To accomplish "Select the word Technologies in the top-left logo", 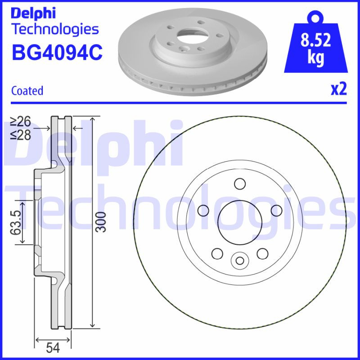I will (x=54, y=29).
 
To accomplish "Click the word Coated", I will (x=27, y=91).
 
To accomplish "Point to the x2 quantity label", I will (x=339, y=90).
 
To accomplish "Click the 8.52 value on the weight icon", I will (x=315, y=41).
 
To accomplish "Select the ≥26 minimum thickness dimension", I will (x=21, y=121).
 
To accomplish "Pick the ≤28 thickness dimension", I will (x=21, y=135).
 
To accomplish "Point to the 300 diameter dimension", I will (x=103, y=221).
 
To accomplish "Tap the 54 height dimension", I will (x=53, y=348).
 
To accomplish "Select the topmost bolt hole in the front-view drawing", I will (x=239, y=184).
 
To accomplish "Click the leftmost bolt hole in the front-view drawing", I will (x=203, y=210).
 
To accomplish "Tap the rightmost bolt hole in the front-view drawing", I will (x=276, y=210).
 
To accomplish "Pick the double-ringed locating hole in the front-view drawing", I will (x=239, y=260).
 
